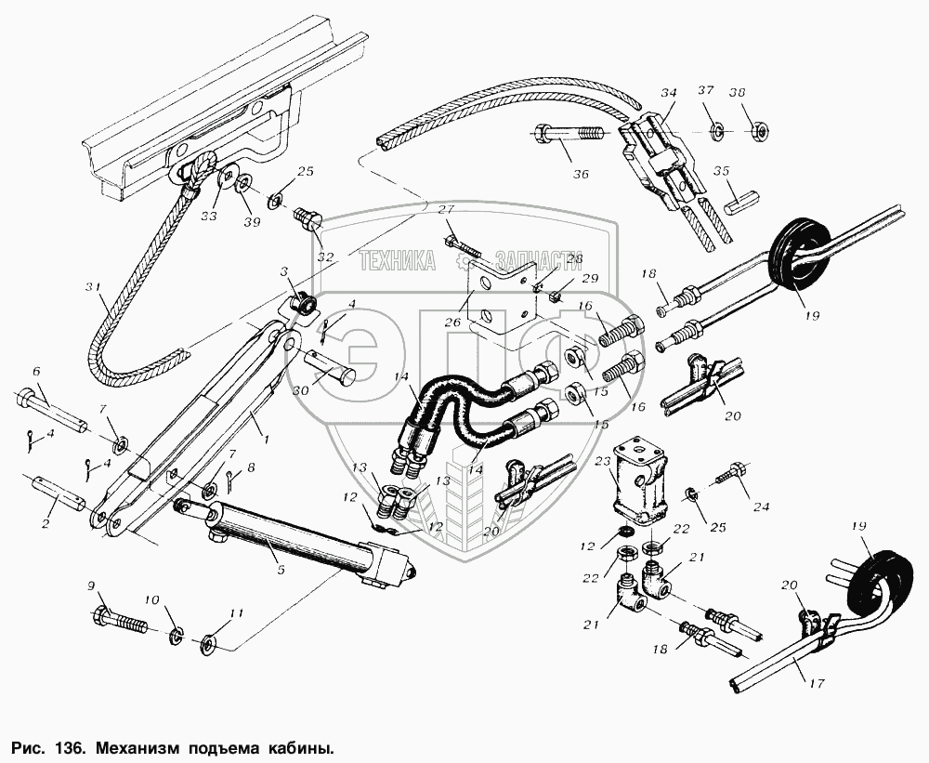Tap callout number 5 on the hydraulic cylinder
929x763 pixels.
[281, 571]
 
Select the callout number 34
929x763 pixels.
[669, 93]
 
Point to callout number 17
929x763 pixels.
[816, 684]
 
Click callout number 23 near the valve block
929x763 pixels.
[603, 461]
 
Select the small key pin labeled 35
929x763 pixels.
[740, 205]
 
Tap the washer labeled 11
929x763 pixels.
[208, 643]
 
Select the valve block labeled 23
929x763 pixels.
[639, 482]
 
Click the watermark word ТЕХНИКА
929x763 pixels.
[398, 260]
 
